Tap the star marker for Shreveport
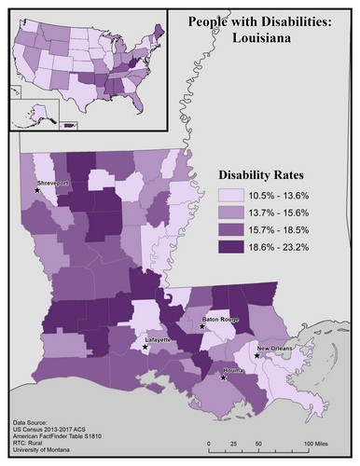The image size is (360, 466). tap(37, 190)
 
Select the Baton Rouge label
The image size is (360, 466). tap(221, 320)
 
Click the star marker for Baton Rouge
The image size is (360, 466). tap(202, 327)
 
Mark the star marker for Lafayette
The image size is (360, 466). tap(145, 347)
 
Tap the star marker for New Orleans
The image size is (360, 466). tap(256, 355)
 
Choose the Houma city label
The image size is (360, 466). tap(234, 371)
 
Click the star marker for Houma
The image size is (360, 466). tap(223, 377)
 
